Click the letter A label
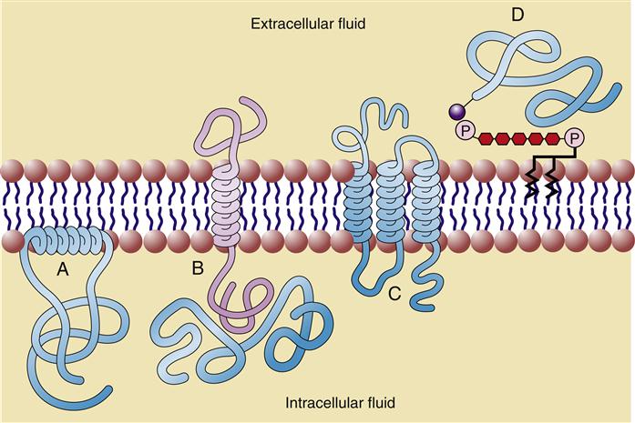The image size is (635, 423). pos(62,269)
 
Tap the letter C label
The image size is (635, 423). pos(394,293)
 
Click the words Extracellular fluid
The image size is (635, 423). pos(308,23)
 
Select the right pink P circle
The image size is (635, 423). pos(573,138)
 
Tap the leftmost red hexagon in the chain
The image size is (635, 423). pos(486,137)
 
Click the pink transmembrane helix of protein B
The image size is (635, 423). pos(221,206)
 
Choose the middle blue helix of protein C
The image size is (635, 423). pos(390,205)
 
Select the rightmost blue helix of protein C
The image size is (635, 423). pos(425,205)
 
